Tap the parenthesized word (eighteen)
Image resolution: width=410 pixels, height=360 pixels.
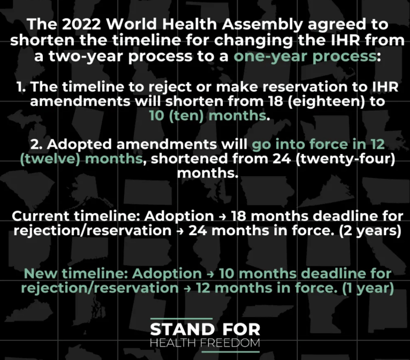click(x=323, y=102)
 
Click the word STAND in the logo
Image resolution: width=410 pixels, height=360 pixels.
click(x=182, y=329)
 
